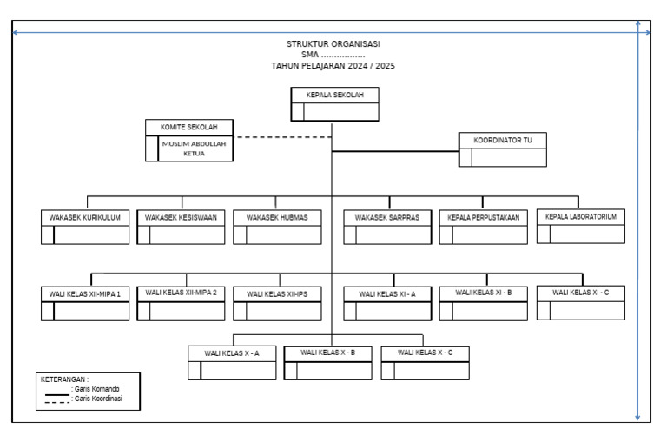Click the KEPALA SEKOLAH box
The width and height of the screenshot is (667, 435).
tap(334, 104)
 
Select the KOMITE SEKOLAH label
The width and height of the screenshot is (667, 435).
tap(188, 127)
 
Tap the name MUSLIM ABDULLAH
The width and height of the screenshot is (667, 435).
tap(194, 144)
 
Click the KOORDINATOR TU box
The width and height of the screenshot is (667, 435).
tap(503, 148)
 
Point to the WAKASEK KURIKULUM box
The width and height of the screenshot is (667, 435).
tap(85, 227)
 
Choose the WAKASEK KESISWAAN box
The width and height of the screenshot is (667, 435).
tap(181, 227)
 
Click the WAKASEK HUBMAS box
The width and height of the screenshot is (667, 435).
tap(277, 227)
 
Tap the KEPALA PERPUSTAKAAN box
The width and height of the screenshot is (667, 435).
tap(483, 227)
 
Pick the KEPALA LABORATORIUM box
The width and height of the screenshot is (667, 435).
tap(581, 226)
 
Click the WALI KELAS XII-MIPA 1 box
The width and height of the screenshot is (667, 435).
tap(85, 303)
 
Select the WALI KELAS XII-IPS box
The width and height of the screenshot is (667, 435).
tap(277, 303)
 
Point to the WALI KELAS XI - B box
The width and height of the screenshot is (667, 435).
tap(483, 302)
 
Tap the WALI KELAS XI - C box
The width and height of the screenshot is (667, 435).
tap(581, 302)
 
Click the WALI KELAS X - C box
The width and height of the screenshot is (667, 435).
tap(425, 362)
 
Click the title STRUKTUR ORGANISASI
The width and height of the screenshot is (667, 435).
tap(333, 43)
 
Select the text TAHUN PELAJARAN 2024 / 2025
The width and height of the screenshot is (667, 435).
tap(333, 66)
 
